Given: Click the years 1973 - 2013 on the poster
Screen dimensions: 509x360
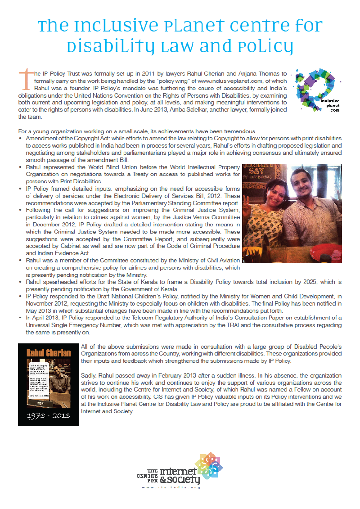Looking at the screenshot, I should click(x=48, y=414).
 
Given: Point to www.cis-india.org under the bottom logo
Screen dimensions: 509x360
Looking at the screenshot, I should click(x=171, y=487).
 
